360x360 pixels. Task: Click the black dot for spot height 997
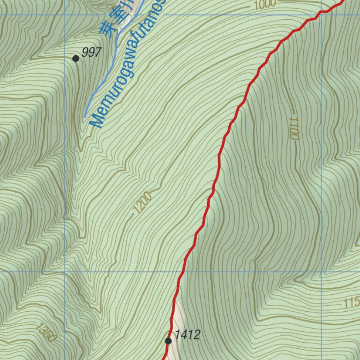pos(75,58)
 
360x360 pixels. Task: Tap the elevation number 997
pos(91,52)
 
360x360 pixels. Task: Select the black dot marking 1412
pos(168,341)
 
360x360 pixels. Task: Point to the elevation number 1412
pos(187,335)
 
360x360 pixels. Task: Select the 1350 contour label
pos(45,332)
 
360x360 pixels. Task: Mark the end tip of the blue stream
pos(85,116)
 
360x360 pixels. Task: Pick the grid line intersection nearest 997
pos(65,15)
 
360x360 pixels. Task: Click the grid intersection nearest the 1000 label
pos(322,15)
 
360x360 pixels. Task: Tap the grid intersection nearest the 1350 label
pos(65,271)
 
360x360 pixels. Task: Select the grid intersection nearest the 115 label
pos(322,271)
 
